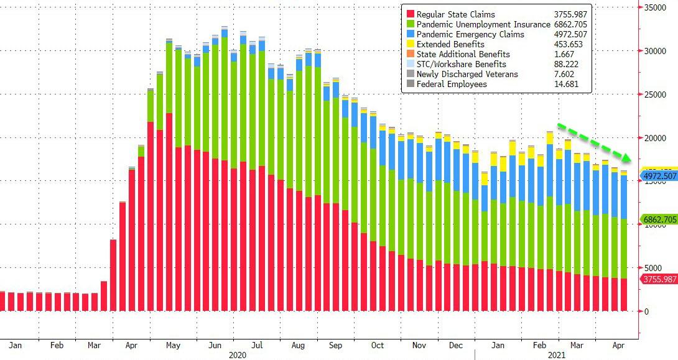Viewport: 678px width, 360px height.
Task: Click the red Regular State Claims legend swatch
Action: point(409,15)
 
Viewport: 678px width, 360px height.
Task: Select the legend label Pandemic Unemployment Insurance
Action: point(483,25)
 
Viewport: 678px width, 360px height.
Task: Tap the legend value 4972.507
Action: point(571,35)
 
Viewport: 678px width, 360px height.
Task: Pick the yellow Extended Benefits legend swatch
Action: point(409,45)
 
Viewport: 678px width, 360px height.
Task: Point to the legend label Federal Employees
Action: point(452,85)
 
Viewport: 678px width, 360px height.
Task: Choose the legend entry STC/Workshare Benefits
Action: point(462,65)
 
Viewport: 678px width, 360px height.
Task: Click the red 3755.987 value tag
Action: point(657,279)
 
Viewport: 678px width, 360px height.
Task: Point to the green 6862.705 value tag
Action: point(657,219)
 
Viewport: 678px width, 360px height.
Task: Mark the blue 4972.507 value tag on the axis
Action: point(657,177)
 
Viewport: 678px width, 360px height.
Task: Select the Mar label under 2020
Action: point(95,343)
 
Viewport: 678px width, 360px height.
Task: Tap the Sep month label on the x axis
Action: point(335,343)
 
